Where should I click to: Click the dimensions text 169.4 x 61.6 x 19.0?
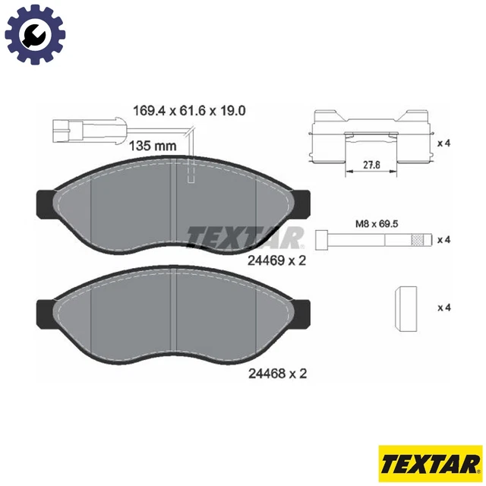[x=189, y=111]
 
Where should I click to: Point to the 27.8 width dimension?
[x=370, y=164]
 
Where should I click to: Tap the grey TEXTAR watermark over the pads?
[x=245, y=237]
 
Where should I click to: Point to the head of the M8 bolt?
[x=320, y=240]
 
